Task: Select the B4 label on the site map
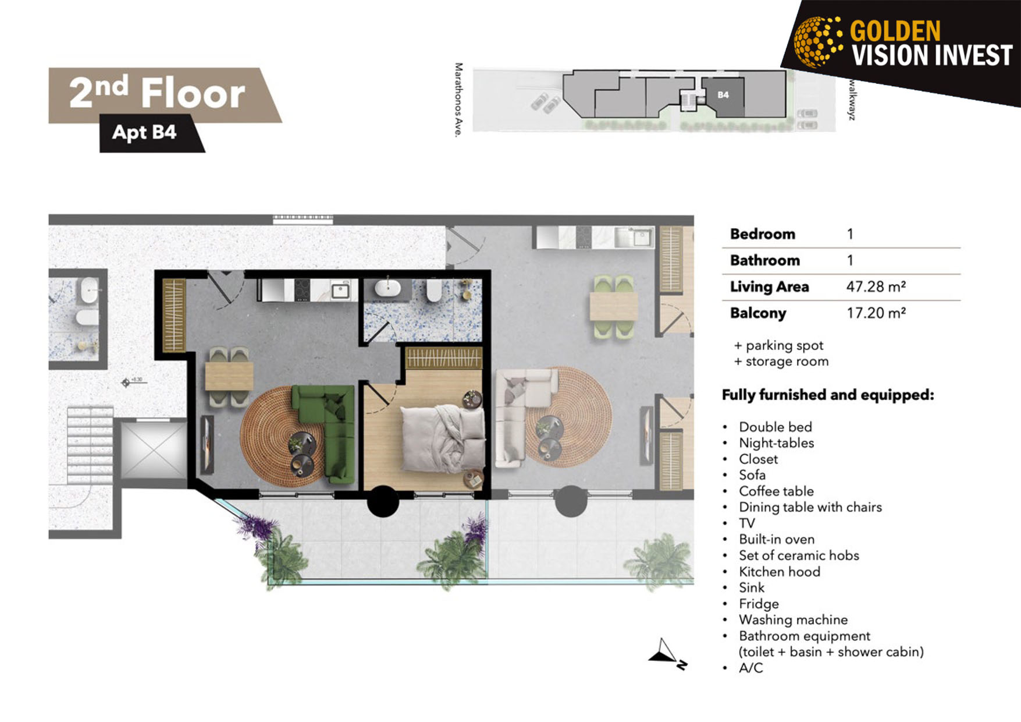[x=723, y=95]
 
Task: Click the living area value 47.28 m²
[x=876, y=286]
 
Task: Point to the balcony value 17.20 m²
[x=876, y=313]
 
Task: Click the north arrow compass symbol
[x=668, y=654]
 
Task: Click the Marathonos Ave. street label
[x=458, y=100]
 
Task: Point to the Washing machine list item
[x=793, y=620]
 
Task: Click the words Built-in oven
[x=777, y=539]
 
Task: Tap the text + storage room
[x=781, y=361]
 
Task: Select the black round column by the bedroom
[x=383, y=501]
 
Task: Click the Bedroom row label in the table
[x=762, y=234]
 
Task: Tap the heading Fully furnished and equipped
[x=828, y=395]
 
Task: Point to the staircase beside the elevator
[x=90, y=445]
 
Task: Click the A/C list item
[x=750, y=668]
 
